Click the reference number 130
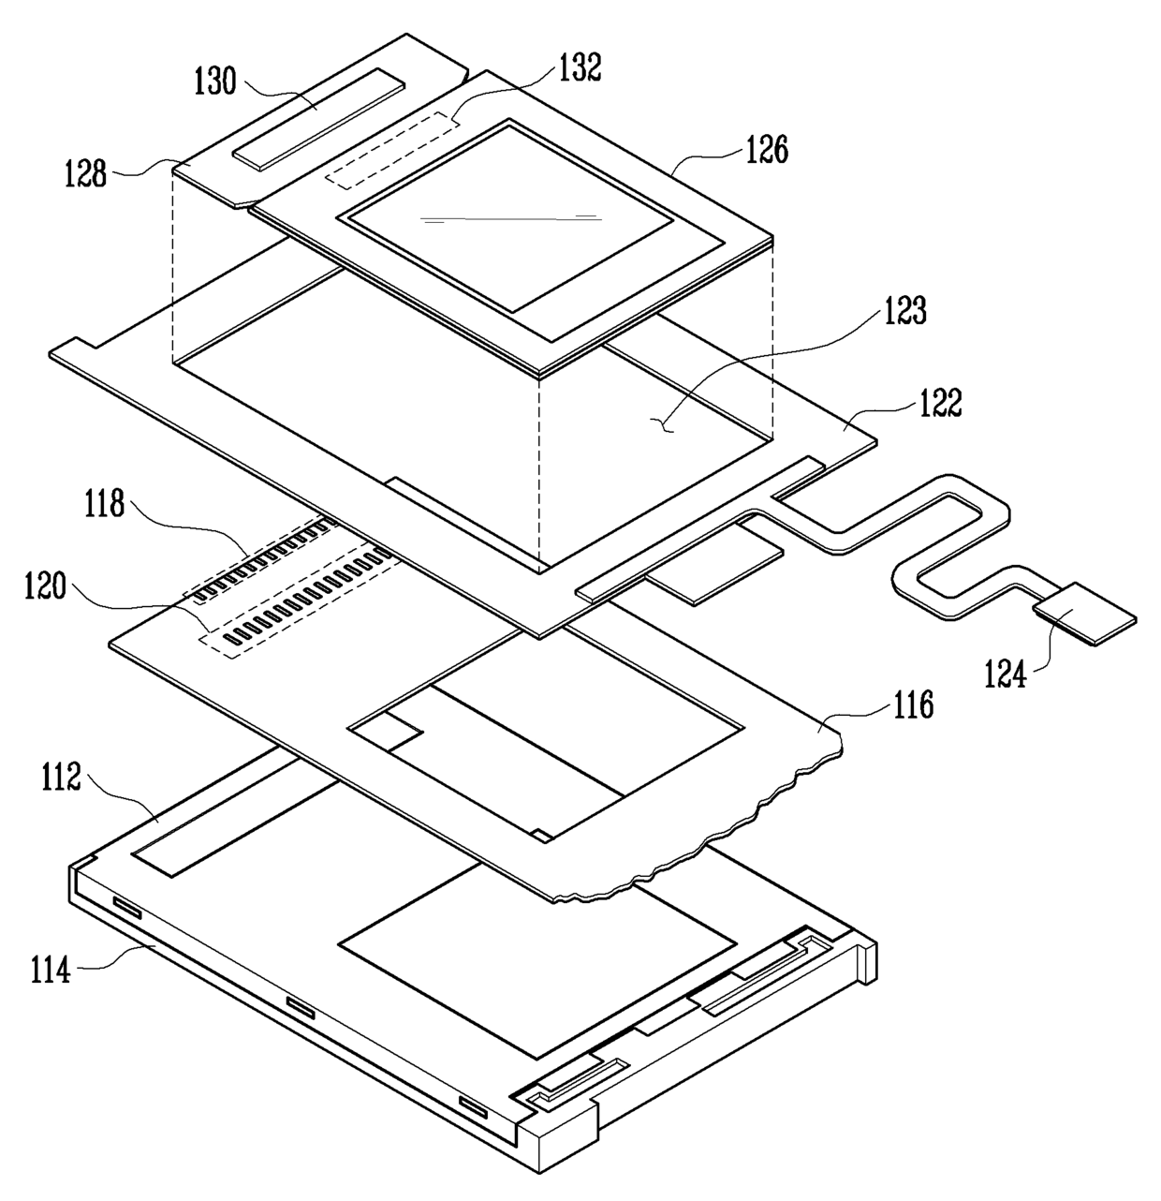(215, 82)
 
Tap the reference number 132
(580, 68)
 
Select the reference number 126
(766, 150)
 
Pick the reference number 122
(938, 404)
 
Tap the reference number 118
(103, 504)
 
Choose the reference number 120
(46, 588)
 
